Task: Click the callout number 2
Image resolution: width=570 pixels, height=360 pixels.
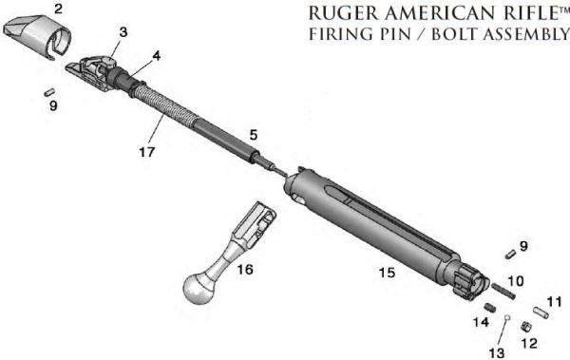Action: tap(59, 9)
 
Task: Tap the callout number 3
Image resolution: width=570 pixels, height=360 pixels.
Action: tap(123, 31)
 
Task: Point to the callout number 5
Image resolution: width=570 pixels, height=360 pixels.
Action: tap(253, 135)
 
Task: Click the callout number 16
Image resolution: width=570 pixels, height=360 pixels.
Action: tap(245, 270)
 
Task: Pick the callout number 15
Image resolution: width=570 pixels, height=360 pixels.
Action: tap(386, 273)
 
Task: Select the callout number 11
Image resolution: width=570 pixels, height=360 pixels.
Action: tap(554, 301)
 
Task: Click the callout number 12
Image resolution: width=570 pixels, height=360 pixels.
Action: tap(529, 342)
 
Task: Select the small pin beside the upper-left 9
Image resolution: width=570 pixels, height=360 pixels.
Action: tap(48, 92)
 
